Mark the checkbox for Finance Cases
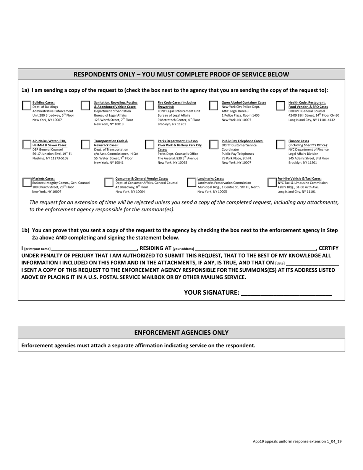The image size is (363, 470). pos(280,144)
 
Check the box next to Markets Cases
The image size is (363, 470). pos(27,182)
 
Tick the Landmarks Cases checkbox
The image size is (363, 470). pos(191,182)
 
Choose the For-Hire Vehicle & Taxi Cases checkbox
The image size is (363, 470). pos(272,182)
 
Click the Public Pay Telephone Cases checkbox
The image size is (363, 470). pos(214,144)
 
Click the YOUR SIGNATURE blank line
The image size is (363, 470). pos(287,293)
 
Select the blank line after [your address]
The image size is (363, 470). pos(255,249)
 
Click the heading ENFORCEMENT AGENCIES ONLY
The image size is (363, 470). pos(181,333)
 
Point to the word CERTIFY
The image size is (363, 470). pos(328,248)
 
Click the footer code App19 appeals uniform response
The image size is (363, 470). pos(297,441)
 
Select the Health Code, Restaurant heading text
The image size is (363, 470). pos(307,103)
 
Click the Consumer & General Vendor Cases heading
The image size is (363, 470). pos(141,178)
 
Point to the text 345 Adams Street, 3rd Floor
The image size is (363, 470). pos(308,158)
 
